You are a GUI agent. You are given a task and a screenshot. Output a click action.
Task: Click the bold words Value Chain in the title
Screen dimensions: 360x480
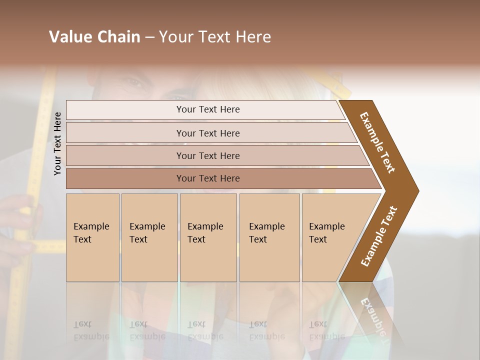94,37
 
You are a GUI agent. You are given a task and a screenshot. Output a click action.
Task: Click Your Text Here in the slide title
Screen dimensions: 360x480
215,37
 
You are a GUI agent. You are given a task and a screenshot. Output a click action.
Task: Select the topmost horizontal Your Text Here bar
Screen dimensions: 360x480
208,109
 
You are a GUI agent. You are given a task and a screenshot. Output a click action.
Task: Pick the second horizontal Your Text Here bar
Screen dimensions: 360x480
208,133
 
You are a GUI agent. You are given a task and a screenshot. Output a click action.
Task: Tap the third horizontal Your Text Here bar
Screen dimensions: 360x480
208,155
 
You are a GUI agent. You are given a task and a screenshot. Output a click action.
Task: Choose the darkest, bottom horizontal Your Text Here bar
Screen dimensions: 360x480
208,178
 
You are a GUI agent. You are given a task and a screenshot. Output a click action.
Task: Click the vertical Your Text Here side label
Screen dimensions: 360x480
57,143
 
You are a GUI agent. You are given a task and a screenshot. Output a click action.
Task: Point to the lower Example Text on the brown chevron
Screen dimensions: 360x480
379,236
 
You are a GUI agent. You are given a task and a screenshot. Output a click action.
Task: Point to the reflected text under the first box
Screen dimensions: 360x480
91,330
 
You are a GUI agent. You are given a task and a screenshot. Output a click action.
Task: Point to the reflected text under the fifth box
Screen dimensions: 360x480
326,330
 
